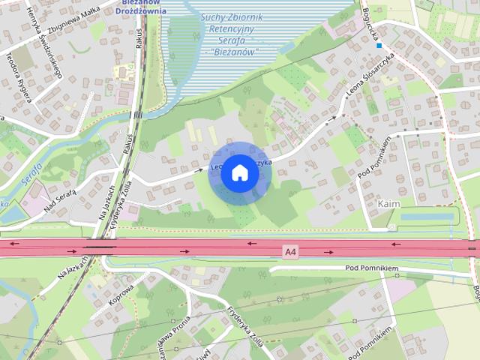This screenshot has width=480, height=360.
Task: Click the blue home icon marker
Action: [x=240, y=172]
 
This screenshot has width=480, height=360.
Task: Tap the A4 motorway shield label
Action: [x=290, y=252]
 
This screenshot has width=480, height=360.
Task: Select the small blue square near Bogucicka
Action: [x=379, y=45]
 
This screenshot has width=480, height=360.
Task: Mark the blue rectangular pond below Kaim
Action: [x=427, y=217]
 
